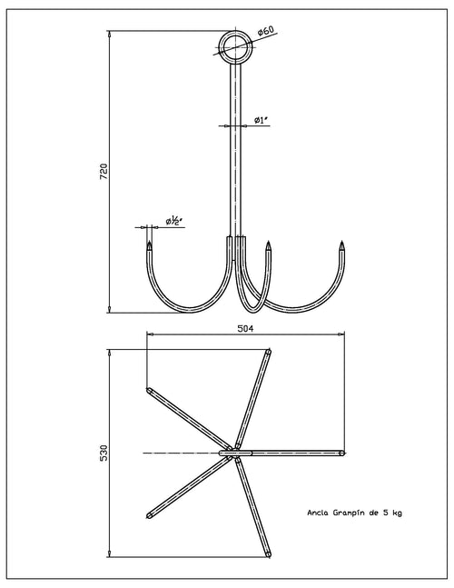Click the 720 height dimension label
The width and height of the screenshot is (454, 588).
104,172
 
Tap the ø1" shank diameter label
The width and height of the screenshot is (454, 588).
262,120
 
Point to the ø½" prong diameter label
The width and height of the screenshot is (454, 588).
173,221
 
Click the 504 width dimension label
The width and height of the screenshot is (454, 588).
245,328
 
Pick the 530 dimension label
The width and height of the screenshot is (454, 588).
104,453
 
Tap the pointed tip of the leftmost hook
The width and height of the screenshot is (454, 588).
150,242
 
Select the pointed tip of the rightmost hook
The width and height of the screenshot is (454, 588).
341,242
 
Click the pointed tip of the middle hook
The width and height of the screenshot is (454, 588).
268,243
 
